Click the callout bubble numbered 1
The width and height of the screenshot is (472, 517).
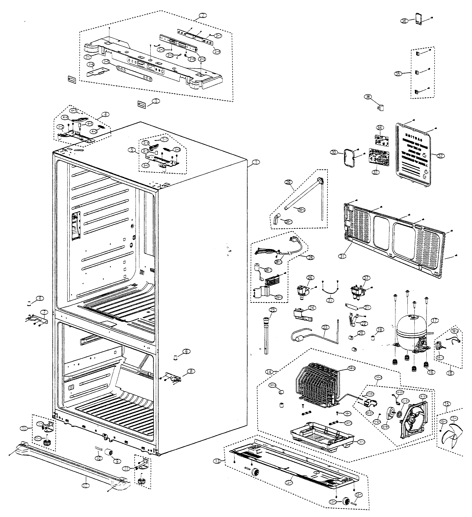point(256,162)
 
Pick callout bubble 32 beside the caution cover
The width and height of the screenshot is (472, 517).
point(441,156)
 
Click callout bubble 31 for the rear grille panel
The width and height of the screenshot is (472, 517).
point(342,256)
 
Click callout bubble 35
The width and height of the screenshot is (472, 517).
point(398,74)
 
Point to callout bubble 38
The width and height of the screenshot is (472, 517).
point(368,97)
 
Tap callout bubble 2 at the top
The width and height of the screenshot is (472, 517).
point(202,15)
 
